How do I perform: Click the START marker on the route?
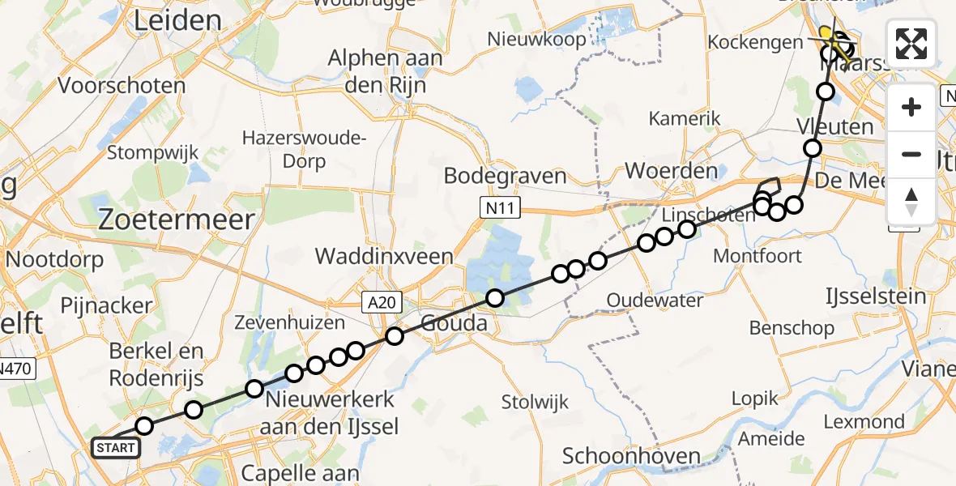tap(115, 447)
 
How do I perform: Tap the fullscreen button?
tap(911, 44)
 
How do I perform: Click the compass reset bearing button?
tap(911, 202)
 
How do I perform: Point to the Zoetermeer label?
tap(176, 219)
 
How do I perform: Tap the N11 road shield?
tap(493, 210)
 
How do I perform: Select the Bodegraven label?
tap(505, 176)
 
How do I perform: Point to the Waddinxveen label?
tap(384, 256)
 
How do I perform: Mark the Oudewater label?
tap(655, 301)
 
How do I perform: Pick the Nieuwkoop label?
tap(536, 38)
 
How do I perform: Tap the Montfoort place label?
tap(758, 256)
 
